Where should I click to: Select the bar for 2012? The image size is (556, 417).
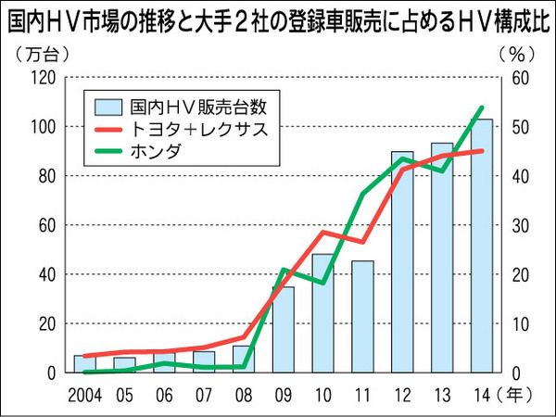pyautogui.click(x=401, y=269)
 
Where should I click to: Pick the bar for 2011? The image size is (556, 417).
pyautogui.click(x=362, y=320)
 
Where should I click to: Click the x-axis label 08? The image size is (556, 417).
pyautogui.click(x=244, y=393)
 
